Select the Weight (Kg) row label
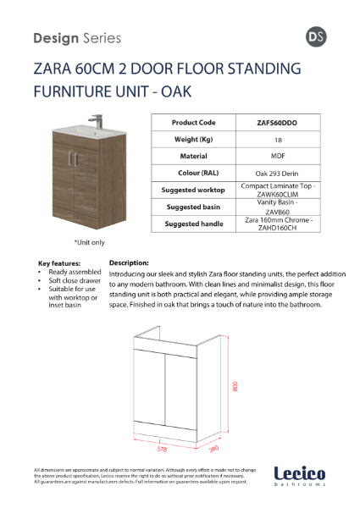click(193, 139)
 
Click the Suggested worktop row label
click(194, 190)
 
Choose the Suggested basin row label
click(194, 207)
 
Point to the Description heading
click(129, 263)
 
